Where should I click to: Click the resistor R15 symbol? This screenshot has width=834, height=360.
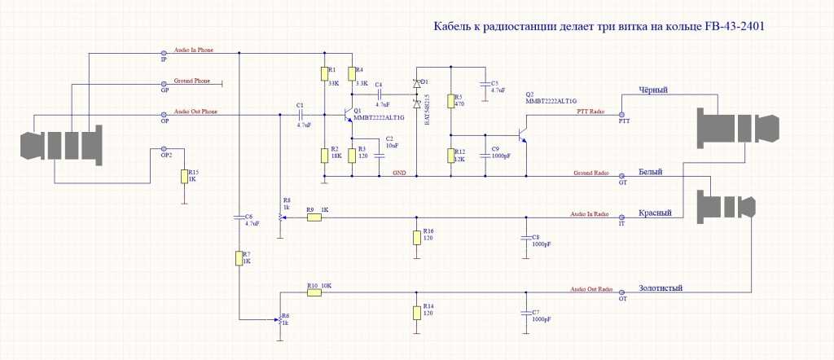click(183, 178)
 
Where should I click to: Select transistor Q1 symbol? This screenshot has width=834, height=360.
click(349, 113)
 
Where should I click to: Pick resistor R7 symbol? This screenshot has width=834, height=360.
click(239, 258)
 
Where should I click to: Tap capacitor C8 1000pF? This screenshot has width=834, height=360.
click(525, 238)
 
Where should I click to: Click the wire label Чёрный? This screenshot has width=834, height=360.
click(653, 90)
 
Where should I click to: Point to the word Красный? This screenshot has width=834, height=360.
click(656, 213)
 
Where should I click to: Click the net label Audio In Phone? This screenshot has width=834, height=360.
click(194, 50)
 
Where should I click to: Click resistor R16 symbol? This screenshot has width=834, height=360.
click(417, 237)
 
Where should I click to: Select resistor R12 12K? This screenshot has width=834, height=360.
click(450, 156)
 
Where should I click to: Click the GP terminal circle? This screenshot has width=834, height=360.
click(165, 83)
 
